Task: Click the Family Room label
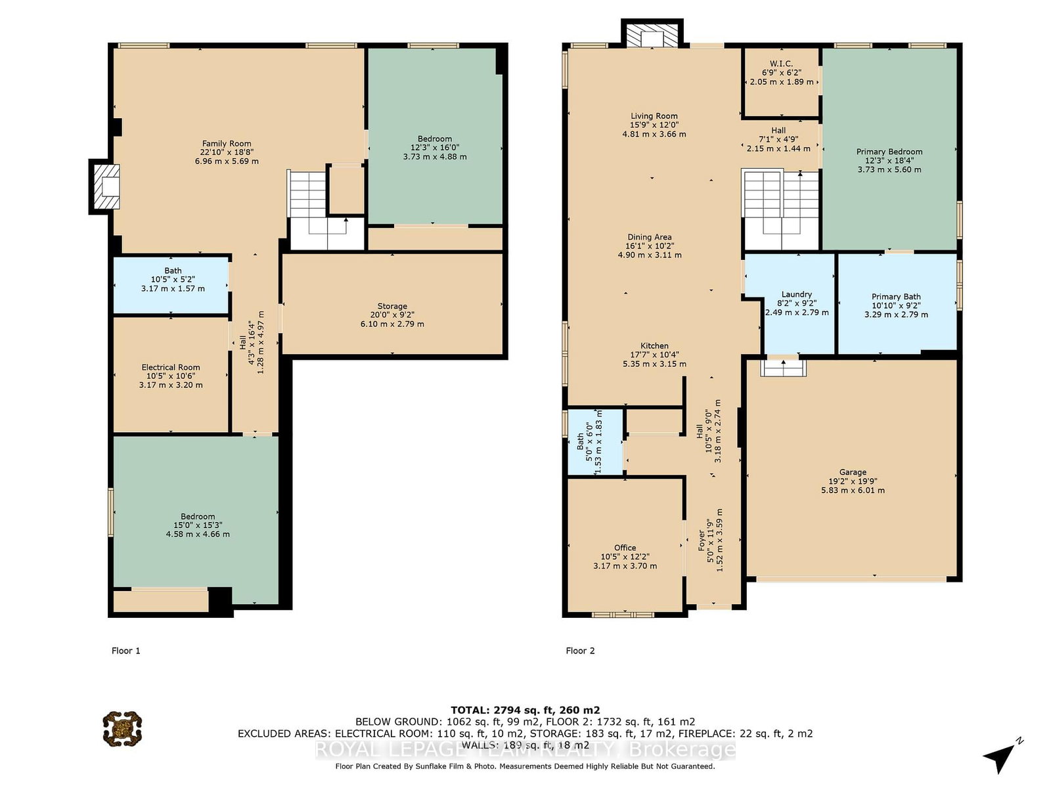coord(227,144)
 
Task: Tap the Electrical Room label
coord(171,368)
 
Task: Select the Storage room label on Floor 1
coord(392,306)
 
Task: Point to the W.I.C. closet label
coord(782,64)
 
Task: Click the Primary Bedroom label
coord(889,152)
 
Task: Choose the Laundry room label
coord(797,294)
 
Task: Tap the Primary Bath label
coord(896,297)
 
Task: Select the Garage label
coord(853,472)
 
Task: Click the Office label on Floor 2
coord(625,548)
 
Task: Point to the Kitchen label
coord(654,346)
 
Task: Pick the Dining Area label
coord(650,237)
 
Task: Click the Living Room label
coord(654,116)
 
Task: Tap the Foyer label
coord(702,540)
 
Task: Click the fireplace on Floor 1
coord(105,186)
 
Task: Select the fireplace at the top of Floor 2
coord(652,33)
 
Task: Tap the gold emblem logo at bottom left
coord(123,729)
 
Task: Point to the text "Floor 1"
coord(126,651)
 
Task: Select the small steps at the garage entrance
coord(784,368)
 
